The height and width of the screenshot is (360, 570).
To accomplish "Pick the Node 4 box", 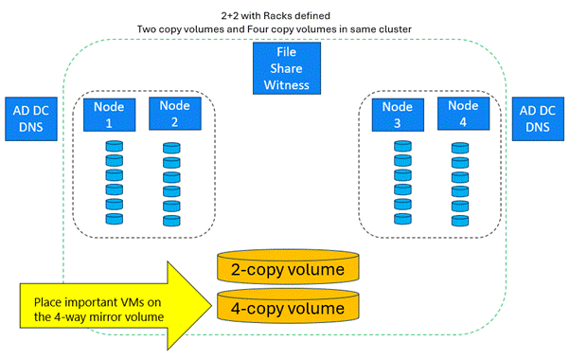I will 463,114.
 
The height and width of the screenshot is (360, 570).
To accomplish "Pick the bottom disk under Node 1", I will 115,218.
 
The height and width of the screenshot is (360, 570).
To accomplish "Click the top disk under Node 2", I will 171,148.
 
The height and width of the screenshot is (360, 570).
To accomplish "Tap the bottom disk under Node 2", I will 171,220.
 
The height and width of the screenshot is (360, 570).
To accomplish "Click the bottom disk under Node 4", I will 459,220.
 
